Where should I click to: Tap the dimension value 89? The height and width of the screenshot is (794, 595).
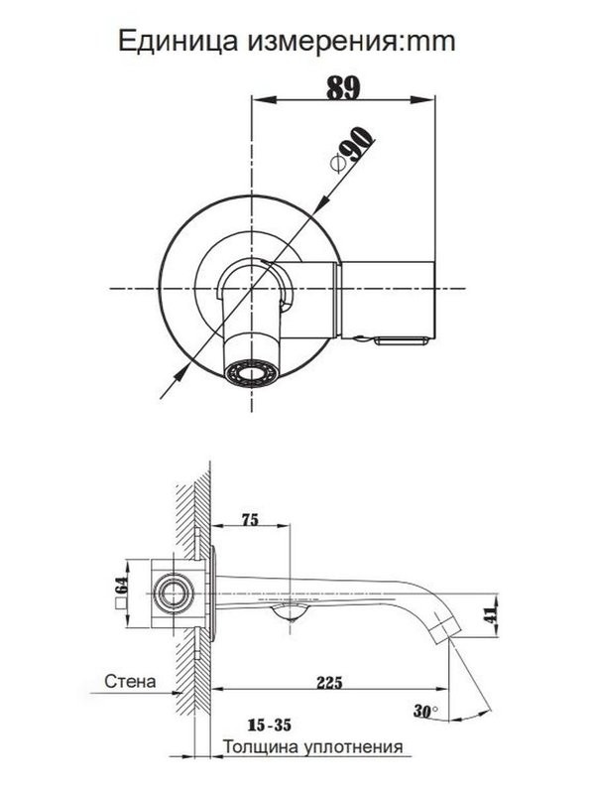coord(343,86)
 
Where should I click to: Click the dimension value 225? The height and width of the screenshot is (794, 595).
coord(330,682)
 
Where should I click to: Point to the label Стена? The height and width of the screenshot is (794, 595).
coord(130,682)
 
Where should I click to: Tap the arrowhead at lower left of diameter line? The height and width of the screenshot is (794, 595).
coord(180,372)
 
